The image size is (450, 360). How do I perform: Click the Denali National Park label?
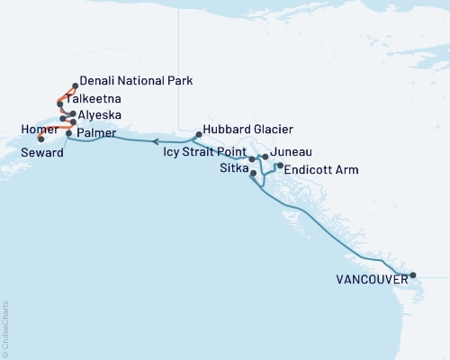tap(136, 81)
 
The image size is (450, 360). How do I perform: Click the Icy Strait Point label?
tap(203, 152)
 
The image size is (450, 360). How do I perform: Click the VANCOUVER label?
tap(367, 280)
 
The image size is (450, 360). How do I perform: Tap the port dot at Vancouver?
tap(412, 275)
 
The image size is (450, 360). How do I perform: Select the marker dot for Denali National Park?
tap(74, 86)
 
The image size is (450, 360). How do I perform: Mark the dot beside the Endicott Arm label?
tap(280, 166)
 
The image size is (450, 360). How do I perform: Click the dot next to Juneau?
tap(265, 157)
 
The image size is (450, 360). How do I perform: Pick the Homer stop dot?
tap(42, 139)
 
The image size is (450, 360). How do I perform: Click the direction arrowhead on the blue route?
tap(154, 141)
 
